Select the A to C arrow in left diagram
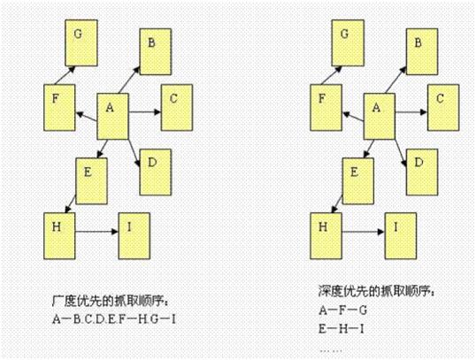(x=144, y=111)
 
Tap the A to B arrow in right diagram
(x=395, y=80)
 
